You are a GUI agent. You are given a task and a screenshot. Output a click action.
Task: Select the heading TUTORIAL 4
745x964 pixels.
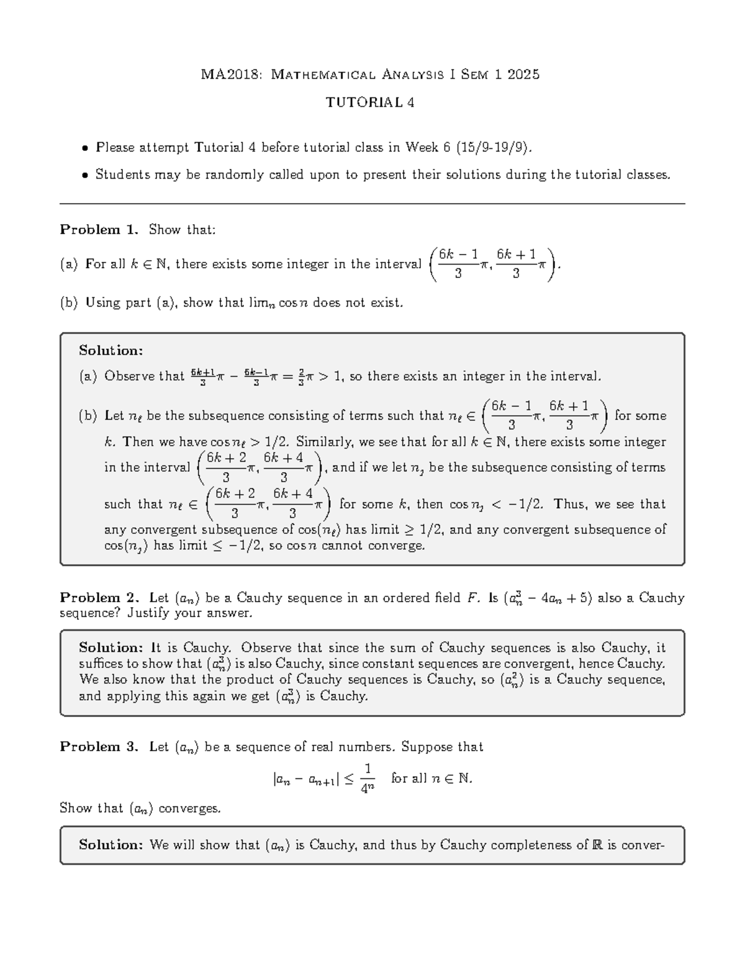coord(370,103)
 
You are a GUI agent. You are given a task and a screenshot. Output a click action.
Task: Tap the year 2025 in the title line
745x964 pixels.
coord(523,75)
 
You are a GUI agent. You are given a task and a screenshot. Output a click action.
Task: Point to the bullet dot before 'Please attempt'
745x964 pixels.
coord(86,148)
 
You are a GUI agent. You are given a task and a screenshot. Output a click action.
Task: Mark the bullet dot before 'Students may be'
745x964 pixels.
coord(86,176)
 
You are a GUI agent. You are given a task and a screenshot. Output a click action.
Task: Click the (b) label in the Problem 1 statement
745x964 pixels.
coord(68,303)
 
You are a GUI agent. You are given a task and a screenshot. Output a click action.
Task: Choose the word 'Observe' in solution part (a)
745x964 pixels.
coord(129,376)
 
